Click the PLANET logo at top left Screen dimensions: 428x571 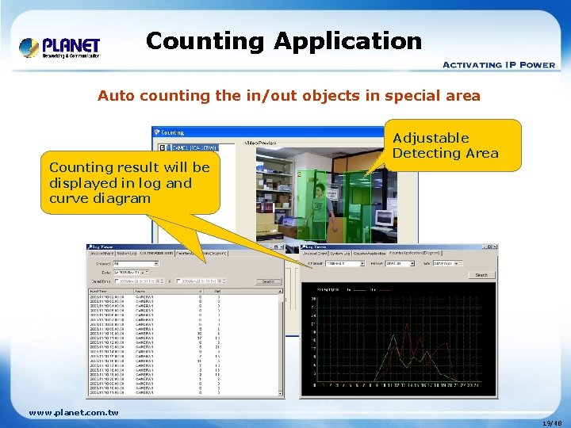(x=59, y=47)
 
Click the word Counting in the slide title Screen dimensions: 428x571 (x=201, y=40)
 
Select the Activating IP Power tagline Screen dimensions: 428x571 (x=498, y=65)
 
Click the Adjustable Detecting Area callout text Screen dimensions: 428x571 (x=445, y=145)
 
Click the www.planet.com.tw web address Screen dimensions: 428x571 (x=73, y=412)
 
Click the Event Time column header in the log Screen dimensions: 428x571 (x=99, y=291)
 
